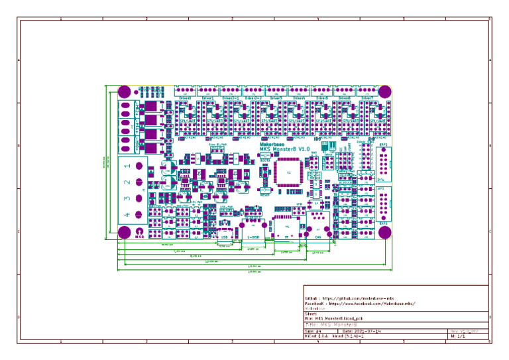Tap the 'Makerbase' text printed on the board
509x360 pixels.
coord(272,143)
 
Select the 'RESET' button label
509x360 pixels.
coord(264,195)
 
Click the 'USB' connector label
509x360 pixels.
coord(225,235)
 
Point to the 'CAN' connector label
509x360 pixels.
coord(317,236)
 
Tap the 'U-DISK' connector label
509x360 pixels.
coord(253,236)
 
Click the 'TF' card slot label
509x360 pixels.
coord(286,236)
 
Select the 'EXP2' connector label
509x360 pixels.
coord(383,223)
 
